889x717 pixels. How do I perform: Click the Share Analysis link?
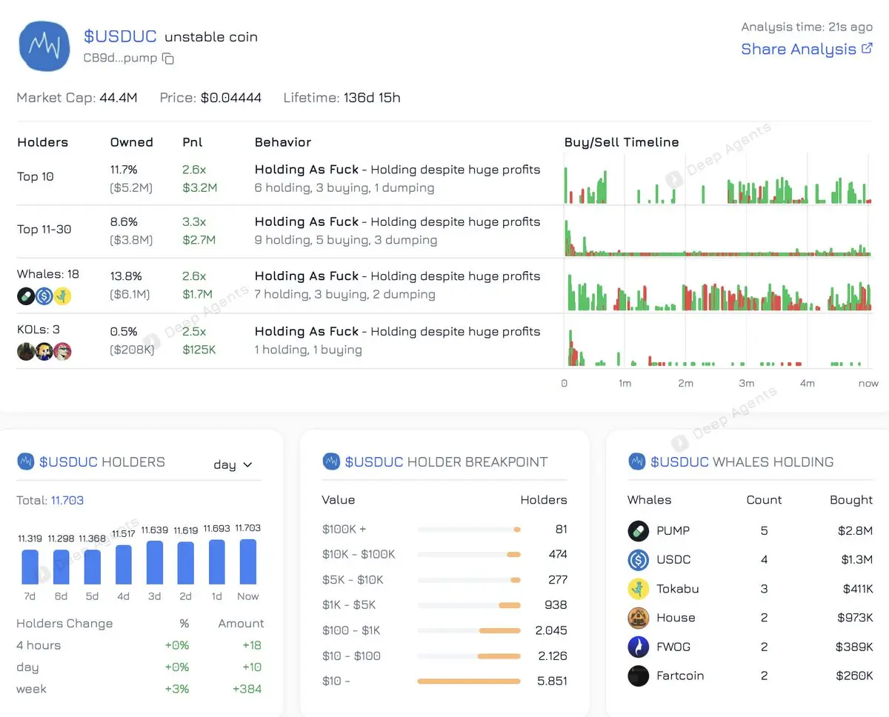[x=807, y=50]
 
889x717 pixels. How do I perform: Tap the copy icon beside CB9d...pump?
[x=168, y=59]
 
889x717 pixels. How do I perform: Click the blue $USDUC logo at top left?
[x=46, y=46]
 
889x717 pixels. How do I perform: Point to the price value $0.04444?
[x=231, y=98]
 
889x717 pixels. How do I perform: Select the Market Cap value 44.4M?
[x=118, y=98]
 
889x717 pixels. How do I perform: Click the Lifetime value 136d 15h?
[x=372, y=98]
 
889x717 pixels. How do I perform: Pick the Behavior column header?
[x=283, y=142]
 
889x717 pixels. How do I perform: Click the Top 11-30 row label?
[x=44, y=229]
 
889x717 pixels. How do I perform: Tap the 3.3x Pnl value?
[x=194, y=221]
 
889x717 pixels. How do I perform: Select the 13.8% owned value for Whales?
[x=124, y=276]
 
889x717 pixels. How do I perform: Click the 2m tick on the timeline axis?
[x=685, y=383]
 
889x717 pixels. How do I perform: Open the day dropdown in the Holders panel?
[x=233, y=464]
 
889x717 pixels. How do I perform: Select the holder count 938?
[x=556, y=605]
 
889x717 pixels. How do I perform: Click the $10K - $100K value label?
[x=359, y=554]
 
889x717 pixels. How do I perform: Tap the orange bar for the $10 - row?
[x=469, y=681]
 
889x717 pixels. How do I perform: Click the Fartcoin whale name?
[x=680, y=676]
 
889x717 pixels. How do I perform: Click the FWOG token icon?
[x=638, y=647]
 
